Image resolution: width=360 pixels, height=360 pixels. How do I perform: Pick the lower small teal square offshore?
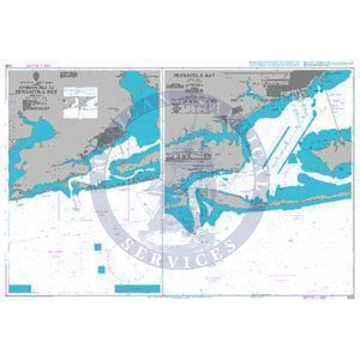click(101, 269)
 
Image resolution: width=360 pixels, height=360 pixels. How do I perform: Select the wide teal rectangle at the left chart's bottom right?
click(137, 288)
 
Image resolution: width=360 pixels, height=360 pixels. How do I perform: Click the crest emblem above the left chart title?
click(36, 76)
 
